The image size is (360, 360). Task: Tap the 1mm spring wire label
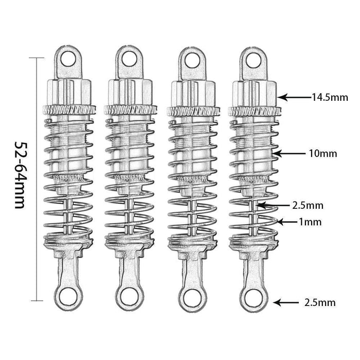[x=310, y=222]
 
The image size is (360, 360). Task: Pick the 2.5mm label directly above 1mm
[x=308, y=206]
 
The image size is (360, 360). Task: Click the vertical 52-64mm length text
[x=20, y=175]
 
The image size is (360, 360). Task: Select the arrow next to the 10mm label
[x=284, y=153]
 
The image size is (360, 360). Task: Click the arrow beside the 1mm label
[x=286, y=222]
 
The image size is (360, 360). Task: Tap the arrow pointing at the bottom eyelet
[x=285, y=303]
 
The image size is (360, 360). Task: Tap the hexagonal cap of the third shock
[x=193, y=92]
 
